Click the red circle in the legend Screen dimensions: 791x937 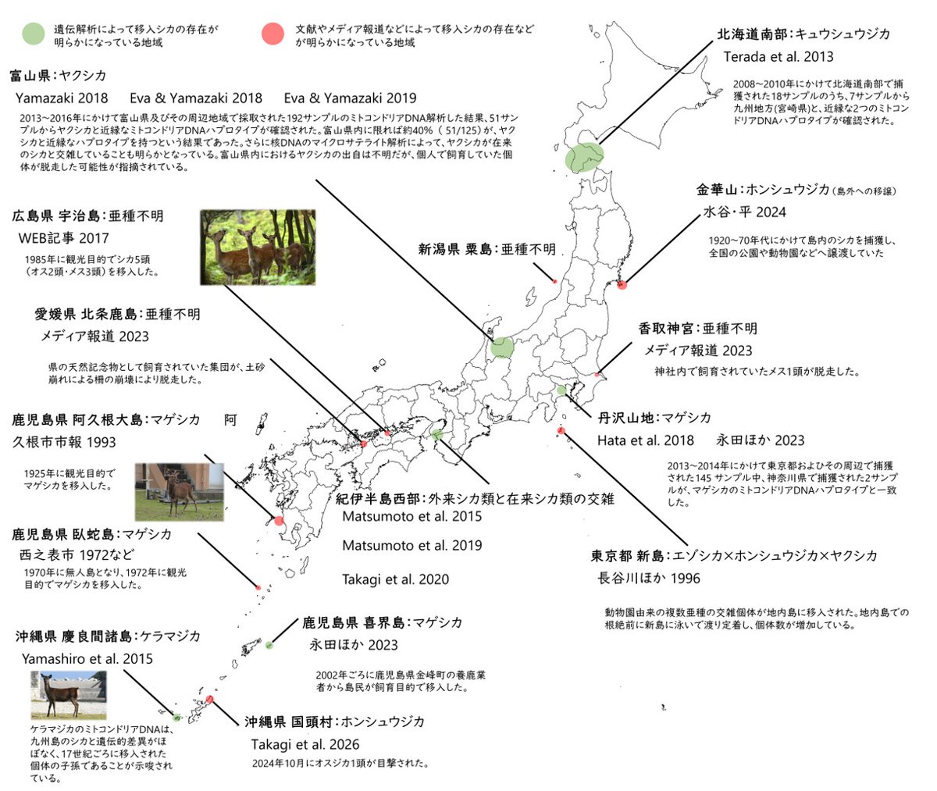click(272, 34)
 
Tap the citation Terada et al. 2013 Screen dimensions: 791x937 click(778, 56)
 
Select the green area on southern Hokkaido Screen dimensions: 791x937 click(585, 157)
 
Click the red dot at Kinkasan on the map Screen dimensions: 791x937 click(622, 284)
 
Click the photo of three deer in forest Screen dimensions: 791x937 click(258, 248)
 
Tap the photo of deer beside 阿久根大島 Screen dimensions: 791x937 click(179, 492)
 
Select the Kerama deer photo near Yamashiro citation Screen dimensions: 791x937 click(69, 695)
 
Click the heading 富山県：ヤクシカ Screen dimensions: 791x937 click(58, 76)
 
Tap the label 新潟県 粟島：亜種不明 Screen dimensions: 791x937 click(486, 249)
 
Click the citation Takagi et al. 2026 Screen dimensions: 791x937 click(305, 744)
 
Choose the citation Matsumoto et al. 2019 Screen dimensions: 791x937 click(412, 545)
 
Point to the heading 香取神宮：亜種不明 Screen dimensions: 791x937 click(697, 329)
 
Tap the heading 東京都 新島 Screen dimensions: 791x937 click(627, 556)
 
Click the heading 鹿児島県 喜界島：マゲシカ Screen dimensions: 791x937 click(382, 622)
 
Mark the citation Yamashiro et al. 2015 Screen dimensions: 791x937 click(87, 659)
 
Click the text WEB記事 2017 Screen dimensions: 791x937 click(64, 237)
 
